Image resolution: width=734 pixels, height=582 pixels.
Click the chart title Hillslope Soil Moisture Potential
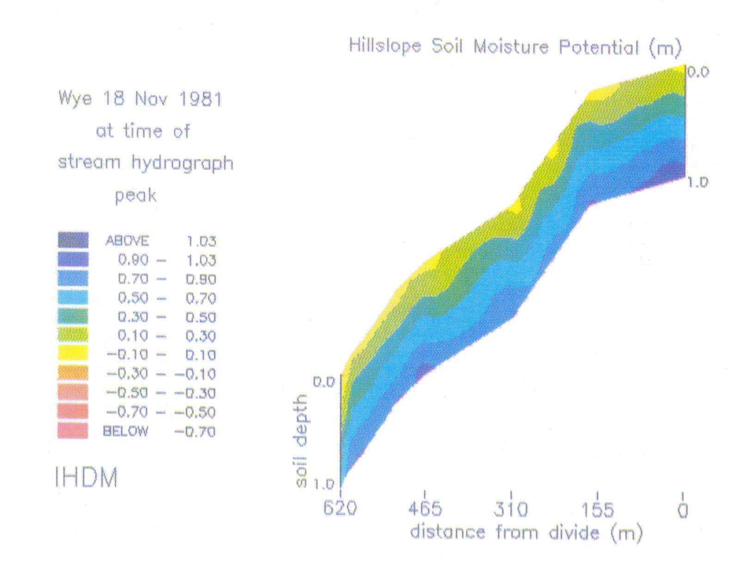[x=514, y=47]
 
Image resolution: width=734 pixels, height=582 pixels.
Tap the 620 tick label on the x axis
[x=340, y=509]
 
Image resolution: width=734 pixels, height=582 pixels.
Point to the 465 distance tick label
[x=425, y=509]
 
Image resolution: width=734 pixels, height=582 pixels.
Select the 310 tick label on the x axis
[x=511, y=509]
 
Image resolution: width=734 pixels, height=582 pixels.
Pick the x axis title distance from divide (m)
[x=526, y=533]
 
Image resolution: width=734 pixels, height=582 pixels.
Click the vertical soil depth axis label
[x=301, y=440]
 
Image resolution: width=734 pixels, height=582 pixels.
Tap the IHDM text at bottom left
[x=86, y=478]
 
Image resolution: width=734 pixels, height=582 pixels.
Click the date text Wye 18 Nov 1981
[x=140, y=99]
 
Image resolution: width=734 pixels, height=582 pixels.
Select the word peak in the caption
[x=135, y=195]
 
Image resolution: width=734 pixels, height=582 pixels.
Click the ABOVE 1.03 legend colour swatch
[x=73, y=240]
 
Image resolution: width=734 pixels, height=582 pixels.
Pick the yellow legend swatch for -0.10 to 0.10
[x=73, y=354]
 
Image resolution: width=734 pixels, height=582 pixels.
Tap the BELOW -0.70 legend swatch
[x=73, y=430]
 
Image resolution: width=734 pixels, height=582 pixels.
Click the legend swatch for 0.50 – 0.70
[x=73, y=297]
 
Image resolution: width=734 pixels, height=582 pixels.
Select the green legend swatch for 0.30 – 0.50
[x=73, y=316]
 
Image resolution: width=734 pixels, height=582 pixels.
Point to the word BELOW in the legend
[x=125, y=431]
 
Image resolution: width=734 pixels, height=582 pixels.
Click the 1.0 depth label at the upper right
[x=697, y=182]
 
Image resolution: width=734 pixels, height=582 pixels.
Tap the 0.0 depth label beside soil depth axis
[x=324, y=382]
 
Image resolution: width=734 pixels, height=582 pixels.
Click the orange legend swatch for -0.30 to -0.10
[x=73, y=373]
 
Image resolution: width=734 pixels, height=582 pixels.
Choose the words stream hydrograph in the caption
[x=146, y=163]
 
